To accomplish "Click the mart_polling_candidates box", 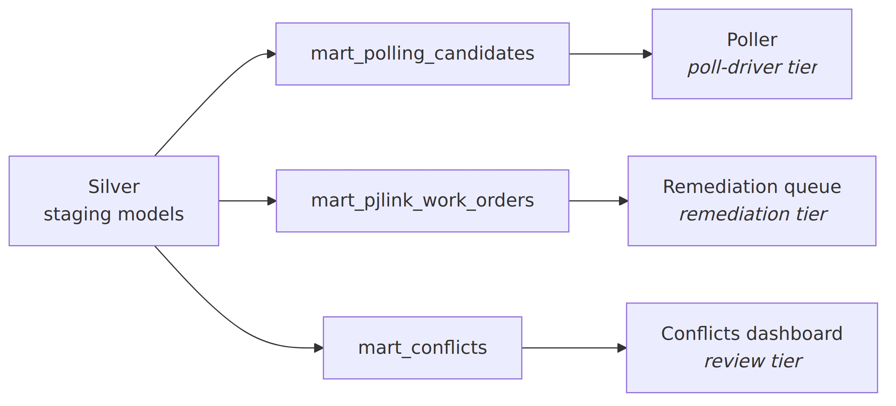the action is (x=422, y=54).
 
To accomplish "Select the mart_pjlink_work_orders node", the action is (x=422, y=201).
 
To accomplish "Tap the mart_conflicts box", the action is (x=422, y=348).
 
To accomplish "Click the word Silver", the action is (x=114, y=187).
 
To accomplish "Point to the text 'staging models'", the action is (x=114, y=214).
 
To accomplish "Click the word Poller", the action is (x=752, y=40).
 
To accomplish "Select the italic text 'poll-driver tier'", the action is (x=752, y=67).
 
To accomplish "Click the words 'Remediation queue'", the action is (x=752, y=187).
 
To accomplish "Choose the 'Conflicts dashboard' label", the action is (x=752, y=334).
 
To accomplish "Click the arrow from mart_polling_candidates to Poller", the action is (x=611, y=54).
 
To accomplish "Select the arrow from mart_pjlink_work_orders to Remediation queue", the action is (x=598, y=201).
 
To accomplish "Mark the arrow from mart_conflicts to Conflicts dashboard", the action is (x=574, y=348).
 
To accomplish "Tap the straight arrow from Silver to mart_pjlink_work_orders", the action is (x=247, y=201).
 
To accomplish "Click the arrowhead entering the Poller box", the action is (x=648, y=54).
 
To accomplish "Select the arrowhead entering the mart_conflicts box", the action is (x=319, y=348).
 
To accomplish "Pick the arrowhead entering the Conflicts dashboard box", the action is (x=622, y=348).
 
